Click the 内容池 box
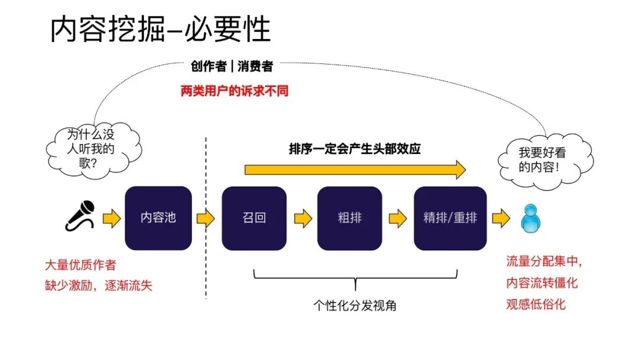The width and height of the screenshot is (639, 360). (x=158, y=218)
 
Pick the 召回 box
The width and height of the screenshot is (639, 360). (x=254, y=218)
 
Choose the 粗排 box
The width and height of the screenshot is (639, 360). (x=350, y=218)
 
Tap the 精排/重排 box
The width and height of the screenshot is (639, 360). (x=450, y=218)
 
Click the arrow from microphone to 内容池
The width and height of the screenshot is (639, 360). (x=111, y=218)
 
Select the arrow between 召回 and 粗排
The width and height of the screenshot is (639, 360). (x=303, y=218)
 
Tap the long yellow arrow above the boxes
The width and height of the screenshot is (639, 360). (x=355, y=170)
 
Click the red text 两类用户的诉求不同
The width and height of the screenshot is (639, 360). (x=234, y=92)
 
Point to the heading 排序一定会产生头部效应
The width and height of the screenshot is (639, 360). (x=354, y=149)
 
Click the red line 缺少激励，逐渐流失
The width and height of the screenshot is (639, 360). (x=99, y=285)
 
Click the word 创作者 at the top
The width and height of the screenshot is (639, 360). (x=208, y=66)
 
